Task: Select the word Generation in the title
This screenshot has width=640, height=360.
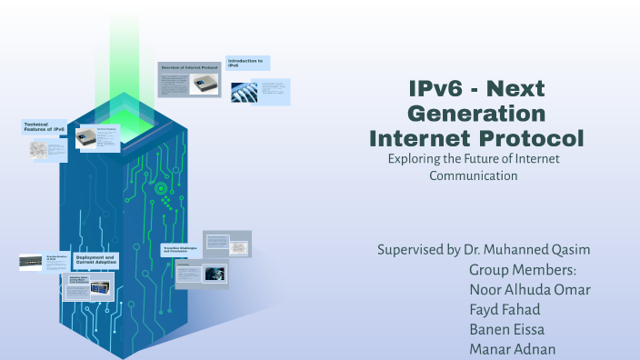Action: [x=476, y=114]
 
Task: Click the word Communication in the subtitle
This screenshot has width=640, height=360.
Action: [x=473, y=175]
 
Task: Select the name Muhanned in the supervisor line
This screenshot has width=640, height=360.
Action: [x=531, y=249]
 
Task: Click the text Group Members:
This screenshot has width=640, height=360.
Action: [x=523, y=270]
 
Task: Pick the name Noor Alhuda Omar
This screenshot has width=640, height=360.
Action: [x=529, y=290]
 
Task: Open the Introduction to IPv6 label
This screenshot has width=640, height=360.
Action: [x=246, y=63]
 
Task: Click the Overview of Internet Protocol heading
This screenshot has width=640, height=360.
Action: [x=188, y=68]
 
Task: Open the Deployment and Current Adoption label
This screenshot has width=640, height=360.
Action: [x=94, y=260]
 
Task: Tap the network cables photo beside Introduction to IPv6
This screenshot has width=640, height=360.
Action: [x=245, y=91]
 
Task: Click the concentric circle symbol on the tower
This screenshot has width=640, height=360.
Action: [x=161, y=188]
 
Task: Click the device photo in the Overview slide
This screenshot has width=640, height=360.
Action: [x=204, y=83]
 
